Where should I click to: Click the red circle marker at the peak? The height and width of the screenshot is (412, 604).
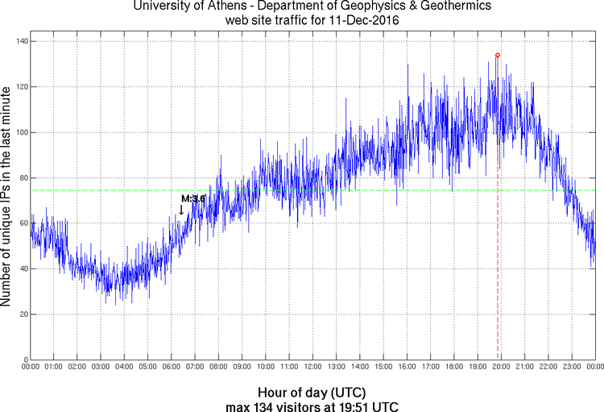click(498, 55)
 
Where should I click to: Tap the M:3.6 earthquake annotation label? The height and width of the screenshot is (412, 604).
click(193, 198)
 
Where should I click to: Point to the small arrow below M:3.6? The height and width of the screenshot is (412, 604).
click(181, 210)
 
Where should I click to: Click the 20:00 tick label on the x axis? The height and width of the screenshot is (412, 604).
click(501, 368)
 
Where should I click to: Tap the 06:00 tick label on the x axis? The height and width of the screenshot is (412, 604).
click(172, 368)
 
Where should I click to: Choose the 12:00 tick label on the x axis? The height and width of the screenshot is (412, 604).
click(312, 368)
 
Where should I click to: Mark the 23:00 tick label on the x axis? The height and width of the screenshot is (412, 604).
click(572, 368)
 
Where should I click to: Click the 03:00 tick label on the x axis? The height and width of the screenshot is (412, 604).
click(101, 368)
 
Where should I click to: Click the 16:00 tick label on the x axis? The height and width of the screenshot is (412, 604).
click(407, 368)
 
